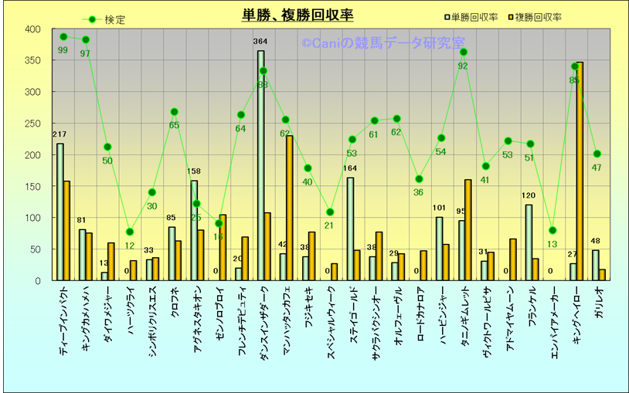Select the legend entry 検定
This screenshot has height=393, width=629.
104,19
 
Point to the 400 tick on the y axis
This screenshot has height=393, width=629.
32,29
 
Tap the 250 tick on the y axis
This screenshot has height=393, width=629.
32,124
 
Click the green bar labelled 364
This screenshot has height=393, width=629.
260,165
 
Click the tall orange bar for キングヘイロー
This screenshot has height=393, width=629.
580,171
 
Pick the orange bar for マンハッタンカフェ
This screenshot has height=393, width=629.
290,208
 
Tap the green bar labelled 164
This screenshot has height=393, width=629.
350,229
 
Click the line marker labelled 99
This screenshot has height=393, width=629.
63,36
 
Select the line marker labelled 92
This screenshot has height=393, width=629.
463,53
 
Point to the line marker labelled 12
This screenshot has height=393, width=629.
130,232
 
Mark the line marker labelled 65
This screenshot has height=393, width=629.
174,112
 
